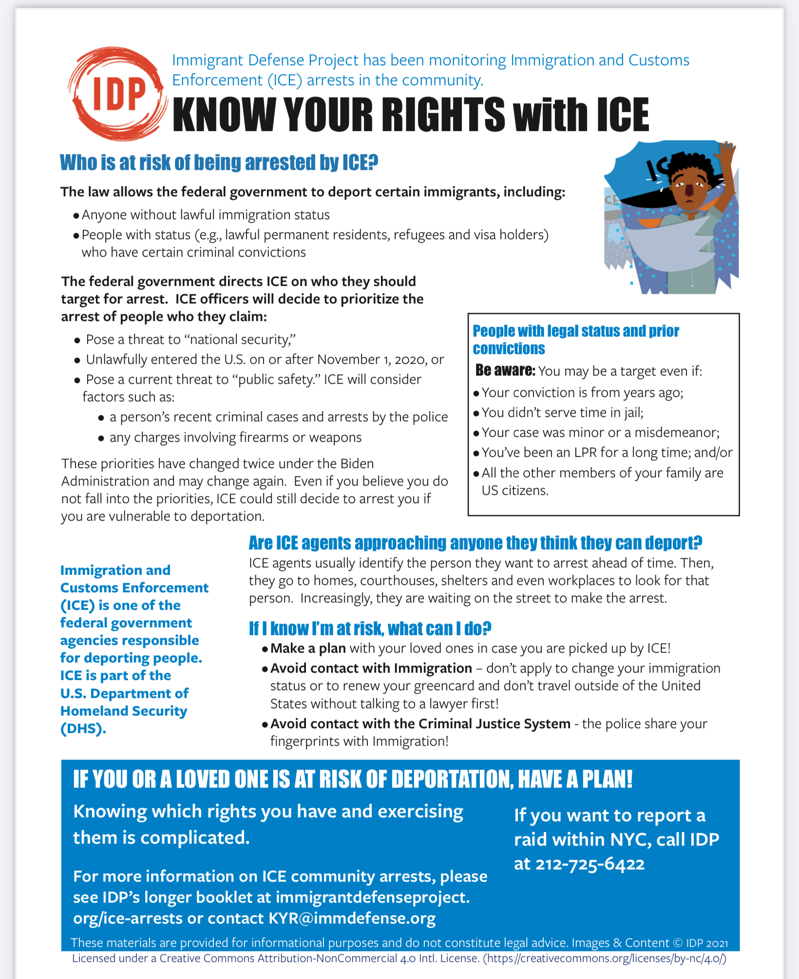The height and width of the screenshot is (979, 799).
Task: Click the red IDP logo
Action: (117, 93)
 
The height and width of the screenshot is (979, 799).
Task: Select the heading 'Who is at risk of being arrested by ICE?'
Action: (219, 163)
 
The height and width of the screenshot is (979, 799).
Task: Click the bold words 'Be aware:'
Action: (505, 371)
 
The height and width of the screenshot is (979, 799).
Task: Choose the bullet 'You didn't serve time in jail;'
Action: (562, 413)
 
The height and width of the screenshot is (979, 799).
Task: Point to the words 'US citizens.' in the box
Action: (514, 490)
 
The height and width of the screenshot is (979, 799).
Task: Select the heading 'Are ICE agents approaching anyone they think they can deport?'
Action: (476, 543)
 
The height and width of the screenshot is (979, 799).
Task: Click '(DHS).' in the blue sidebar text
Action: (83, 729)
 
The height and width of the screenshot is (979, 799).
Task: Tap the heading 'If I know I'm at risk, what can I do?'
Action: (370, 628)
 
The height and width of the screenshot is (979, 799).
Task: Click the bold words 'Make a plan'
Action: (308, 648)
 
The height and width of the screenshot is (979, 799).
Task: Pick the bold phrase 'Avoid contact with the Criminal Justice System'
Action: (420, 724)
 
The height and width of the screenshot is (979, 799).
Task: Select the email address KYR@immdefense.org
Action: (352, 918)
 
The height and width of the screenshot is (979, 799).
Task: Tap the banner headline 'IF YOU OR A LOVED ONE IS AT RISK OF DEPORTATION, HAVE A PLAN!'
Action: (353, 779)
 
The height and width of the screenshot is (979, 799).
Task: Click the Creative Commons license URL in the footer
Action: (604, 959)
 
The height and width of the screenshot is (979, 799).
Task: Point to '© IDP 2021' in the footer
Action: (700, 943)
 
